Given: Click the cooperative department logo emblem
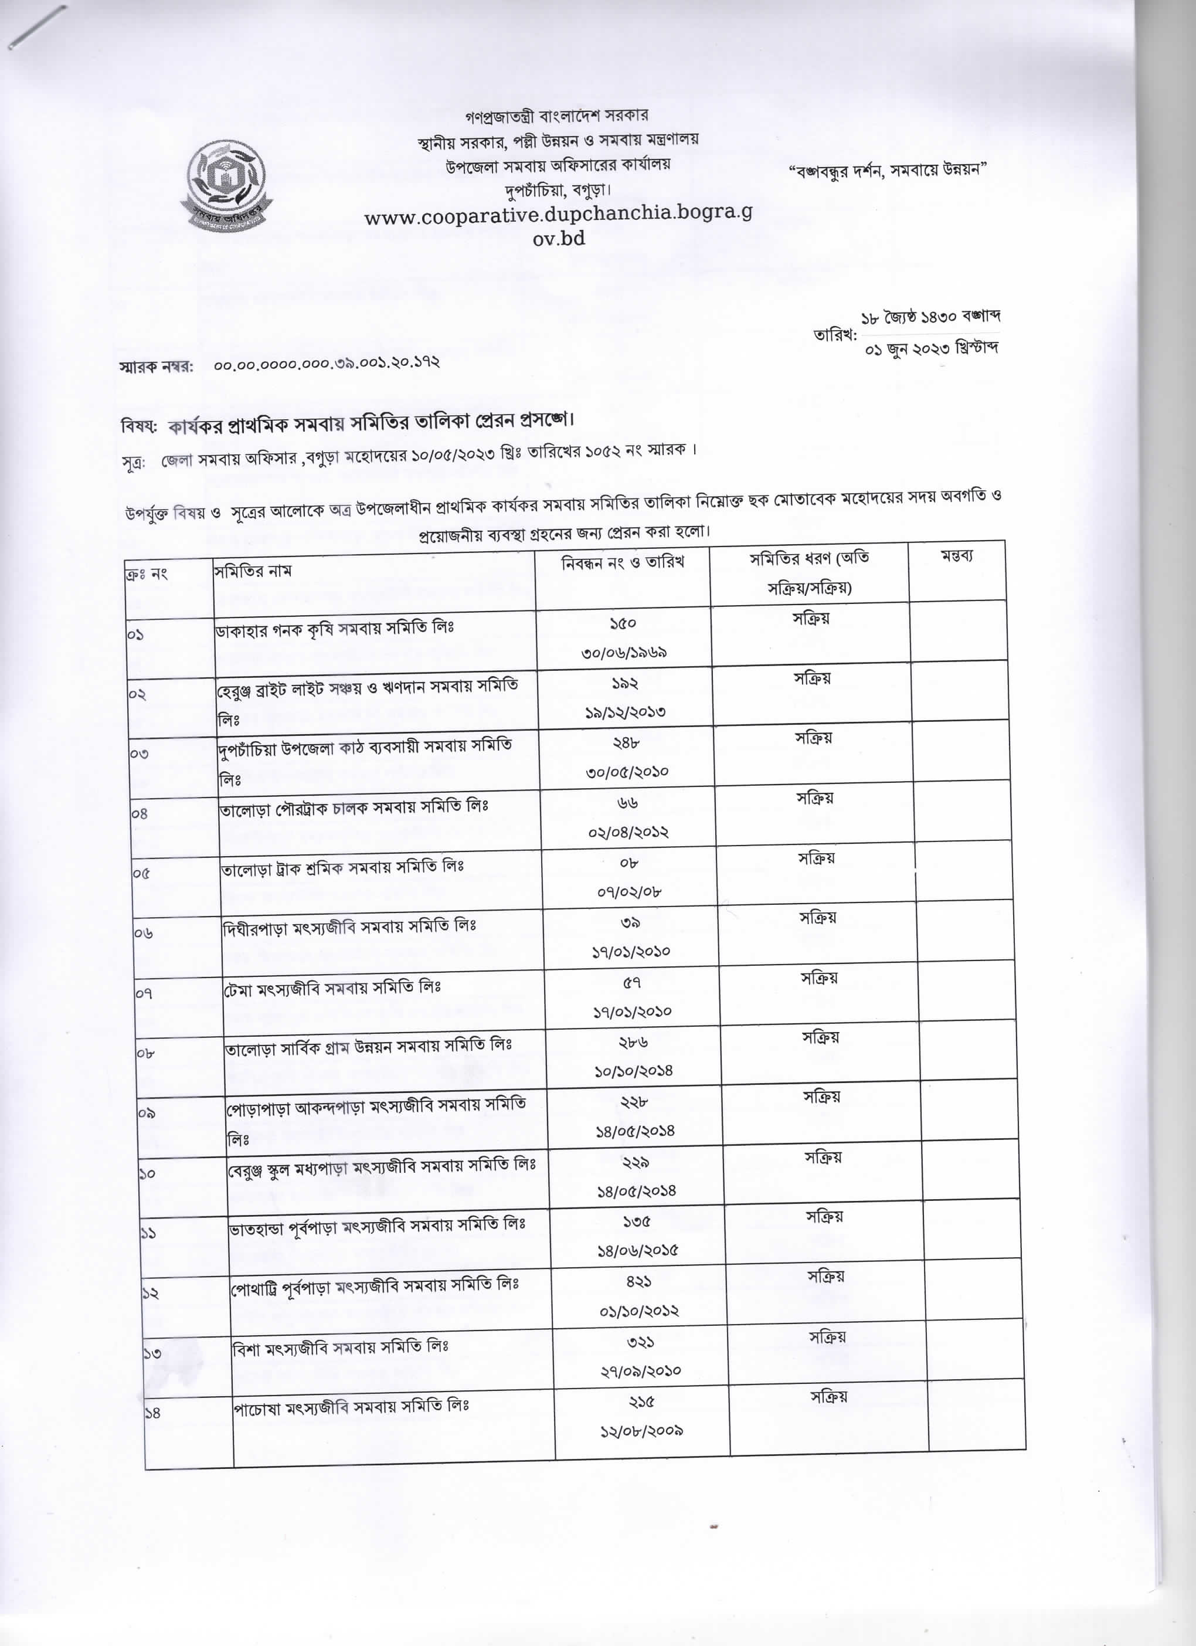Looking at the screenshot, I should click(x=226, y=185).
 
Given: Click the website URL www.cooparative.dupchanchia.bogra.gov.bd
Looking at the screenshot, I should click(x=558, y=226).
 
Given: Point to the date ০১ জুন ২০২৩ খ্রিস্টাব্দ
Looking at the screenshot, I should click(x=932, y=349).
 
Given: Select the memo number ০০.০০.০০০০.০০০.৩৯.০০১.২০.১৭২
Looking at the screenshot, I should click(x=327, y=363).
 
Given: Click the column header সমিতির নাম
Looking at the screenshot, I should click(x=253, y=571).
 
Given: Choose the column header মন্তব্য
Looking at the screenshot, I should click(x=957, y=556).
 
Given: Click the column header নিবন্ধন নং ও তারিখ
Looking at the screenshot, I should click(x=623, y=562).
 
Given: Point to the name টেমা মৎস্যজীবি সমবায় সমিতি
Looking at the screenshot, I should click(x=332, y=987).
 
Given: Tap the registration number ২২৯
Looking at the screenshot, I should click(x=635, y=1162).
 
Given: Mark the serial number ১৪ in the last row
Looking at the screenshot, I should click(x=152, y=1413).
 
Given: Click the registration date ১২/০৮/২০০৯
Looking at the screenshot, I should click(x=641, y=1430).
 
